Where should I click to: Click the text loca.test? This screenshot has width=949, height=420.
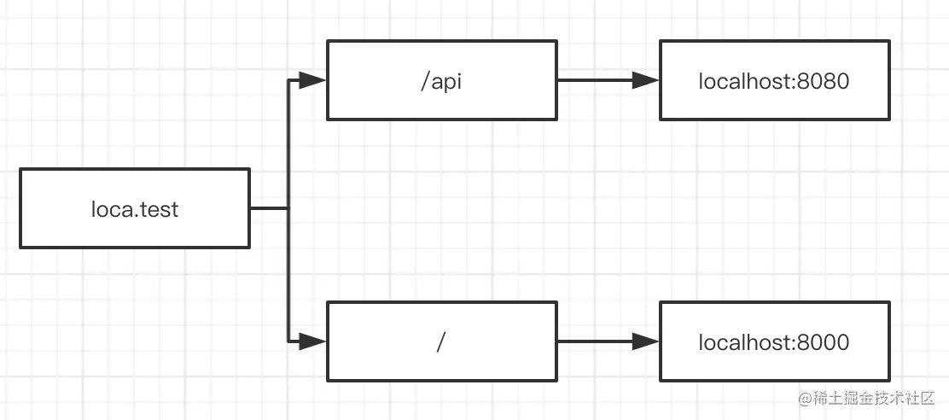(x=135, y=209)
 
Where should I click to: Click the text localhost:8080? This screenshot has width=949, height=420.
(x=774, y=81)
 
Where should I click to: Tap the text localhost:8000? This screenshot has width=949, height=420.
(x=774, y=342)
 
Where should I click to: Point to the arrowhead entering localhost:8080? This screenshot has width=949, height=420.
(x=646, y=80)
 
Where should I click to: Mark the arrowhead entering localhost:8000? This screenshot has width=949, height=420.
(x=646, y=341)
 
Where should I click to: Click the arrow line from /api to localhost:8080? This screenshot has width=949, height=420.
(x=608, y=80)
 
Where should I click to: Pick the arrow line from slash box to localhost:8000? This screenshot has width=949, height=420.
(x=608, y=341)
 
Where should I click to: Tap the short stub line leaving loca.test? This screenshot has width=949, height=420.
(x=269, y=208)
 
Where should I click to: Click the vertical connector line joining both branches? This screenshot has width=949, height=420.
(x=288, y=211)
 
